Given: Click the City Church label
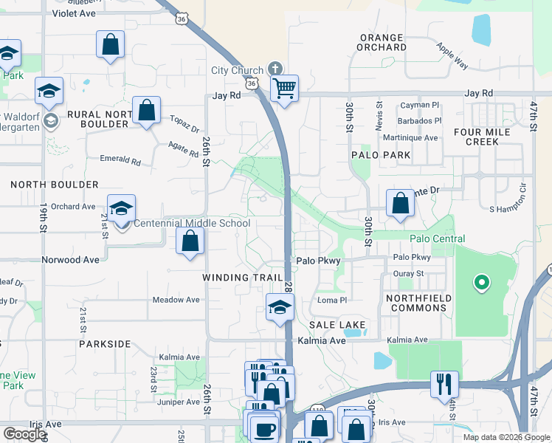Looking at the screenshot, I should (x=237, y=70).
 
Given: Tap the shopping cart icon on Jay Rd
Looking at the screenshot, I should (x=284, y=89).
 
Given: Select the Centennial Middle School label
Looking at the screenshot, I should (x=191, y=223).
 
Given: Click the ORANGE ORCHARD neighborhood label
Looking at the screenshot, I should (x=382, y=42).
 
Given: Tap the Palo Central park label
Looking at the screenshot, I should (x=438, y=238).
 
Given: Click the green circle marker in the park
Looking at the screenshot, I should (x=481, y=281).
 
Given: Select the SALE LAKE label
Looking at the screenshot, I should (x=337, y=325).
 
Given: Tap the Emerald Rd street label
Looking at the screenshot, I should (x=120, y=159).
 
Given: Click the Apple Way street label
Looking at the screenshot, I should (x=452, y=56).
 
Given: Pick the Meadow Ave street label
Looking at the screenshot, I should (x=176, y=300).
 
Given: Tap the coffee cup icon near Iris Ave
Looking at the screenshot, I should (x=263, y=429).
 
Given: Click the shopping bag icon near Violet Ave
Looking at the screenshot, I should (x=110, y=44).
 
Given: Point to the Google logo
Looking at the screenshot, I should (x=24, y=434).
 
